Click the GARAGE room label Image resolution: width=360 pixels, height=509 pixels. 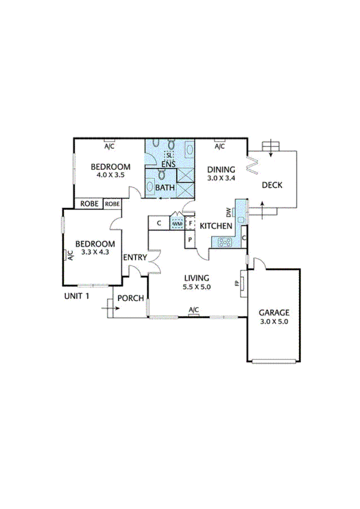[274, 312]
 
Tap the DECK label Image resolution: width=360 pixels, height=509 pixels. [272, 185]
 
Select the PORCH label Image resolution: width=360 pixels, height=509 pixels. [131, 298]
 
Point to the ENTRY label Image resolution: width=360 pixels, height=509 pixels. [135, 257]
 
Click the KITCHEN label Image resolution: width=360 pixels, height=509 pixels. [216, 226]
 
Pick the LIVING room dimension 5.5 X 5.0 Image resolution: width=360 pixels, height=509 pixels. [197, 287]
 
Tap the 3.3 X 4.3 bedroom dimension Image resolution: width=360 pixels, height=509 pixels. [95, 252]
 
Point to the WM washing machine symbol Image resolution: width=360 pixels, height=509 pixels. [177, 223]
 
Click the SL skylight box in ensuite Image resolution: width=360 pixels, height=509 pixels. [169, 155]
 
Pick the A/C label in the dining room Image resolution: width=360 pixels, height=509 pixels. [220, 147]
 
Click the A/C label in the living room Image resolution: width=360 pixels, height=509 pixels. [194, 309]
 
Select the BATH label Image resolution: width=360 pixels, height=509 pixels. [165, 188]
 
